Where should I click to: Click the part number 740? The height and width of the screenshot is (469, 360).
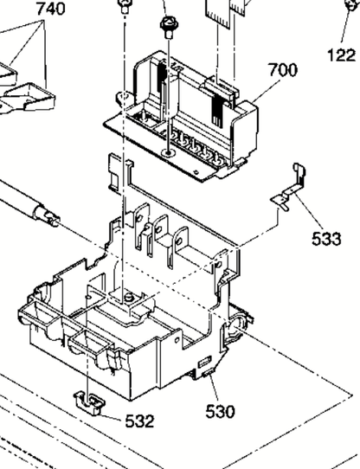click(50, 8)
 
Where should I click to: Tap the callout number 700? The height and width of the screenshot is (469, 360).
click(283, 70)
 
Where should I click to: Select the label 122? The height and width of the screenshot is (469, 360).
click(342, 55)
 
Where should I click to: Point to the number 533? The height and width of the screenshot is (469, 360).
click(326, 239)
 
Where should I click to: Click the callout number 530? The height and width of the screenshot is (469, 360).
click(221, 412)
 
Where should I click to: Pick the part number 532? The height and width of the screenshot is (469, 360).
click(139, 421)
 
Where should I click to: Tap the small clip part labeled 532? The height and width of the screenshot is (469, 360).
click(89, 402)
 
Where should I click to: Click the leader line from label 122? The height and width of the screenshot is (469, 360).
click(345, 25)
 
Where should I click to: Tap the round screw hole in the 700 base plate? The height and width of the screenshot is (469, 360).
click(169, 153)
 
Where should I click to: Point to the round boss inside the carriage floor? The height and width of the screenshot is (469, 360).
click(128, 298)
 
